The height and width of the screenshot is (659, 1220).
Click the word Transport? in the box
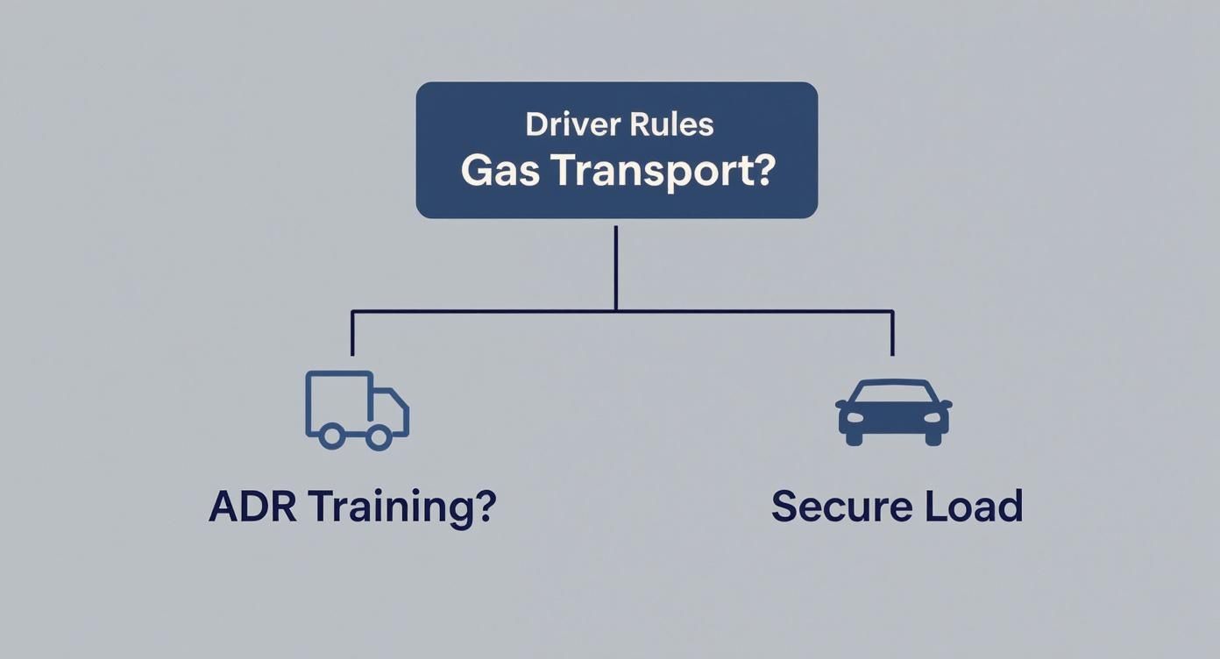tap(663, 172)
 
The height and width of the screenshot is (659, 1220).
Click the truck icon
tap(356, 410)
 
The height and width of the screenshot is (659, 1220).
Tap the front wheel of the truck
tap(379, 436)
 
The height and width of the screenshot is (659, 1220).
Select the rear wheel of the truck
tap(330, 436)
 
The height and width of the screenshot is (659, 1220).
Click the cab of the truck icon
tap(389, 410)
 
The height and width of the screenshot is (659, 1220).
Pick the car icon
tap(893, 412)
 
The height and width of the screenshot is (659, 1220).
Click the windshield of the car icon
tap(893, 393)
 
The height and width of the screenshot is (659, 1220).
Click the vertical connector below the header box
tap(616, 267)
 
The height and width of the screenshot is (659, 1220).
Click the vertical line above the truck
tap(352, 333)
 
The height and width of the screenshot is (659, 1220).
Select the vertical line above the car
tap(892, 333)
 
